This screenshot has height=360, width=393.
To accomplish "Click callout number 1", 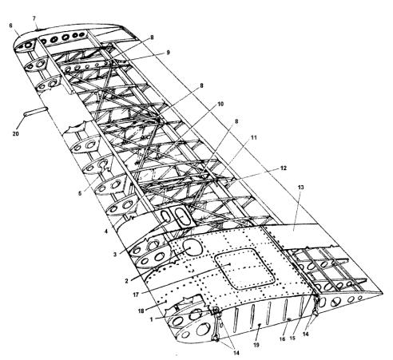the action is click(x=152, y=319).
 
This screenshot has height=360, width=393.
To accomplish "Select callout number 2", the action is click(x=127, y=281).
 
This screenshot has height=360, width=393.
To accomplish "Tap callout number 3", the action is click(x=115, y=254).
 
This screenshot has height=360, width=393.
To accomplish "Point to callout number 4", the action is click(x=106, y=231).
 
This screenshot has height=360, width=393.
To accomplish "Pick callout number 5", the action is click(x=80, y=193).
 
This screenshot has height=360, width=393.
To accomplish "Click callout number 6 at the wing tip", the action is click(x=10, y=26).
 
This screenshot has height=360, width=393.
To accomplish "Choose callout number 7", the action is click(x=34, y=18).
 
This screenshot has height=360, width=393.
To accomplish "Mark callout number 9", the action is click(x=168, y=53).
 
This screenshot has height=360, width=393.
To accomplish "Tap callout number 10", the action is click(x=220, y=104).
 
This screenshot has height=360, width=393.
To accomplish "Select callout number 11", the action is click(x=253, y=137).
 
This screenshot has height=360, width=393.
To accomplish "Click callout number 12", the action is click(x=284, y=168).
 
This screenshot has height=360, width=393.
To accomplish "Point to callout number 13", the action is click(x=300, y=188).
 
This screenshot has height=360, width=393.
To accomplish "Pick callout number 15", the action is click(x=292, y=338).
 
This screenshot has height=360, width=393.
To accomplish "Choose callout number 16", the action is click(x=282, y=339).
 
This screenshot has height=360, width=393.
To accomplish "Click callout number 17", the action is click(x=136, y=295).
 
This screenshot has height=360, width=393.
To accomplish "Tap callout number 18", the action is click(x=141, y=311).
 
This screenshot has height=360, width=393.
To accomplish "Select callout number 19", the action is click(x=256, y=345).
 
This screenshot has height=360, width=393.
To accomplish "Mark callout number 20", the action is click(x=16, y=133).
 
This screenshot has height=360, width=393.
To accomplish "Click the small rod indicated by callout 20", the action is click(x=36, y=111).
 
